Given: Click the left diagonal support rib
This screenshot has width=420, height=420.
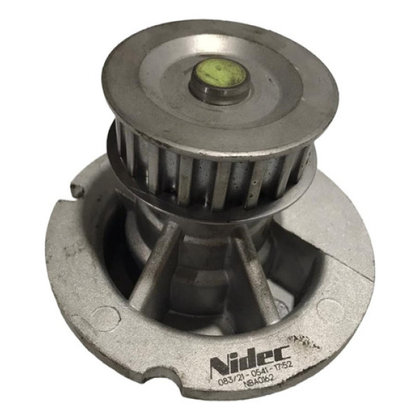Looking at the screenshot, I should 155,262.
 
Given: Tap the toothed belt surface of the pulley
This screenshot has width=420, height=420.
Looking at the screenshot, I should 210,175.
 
